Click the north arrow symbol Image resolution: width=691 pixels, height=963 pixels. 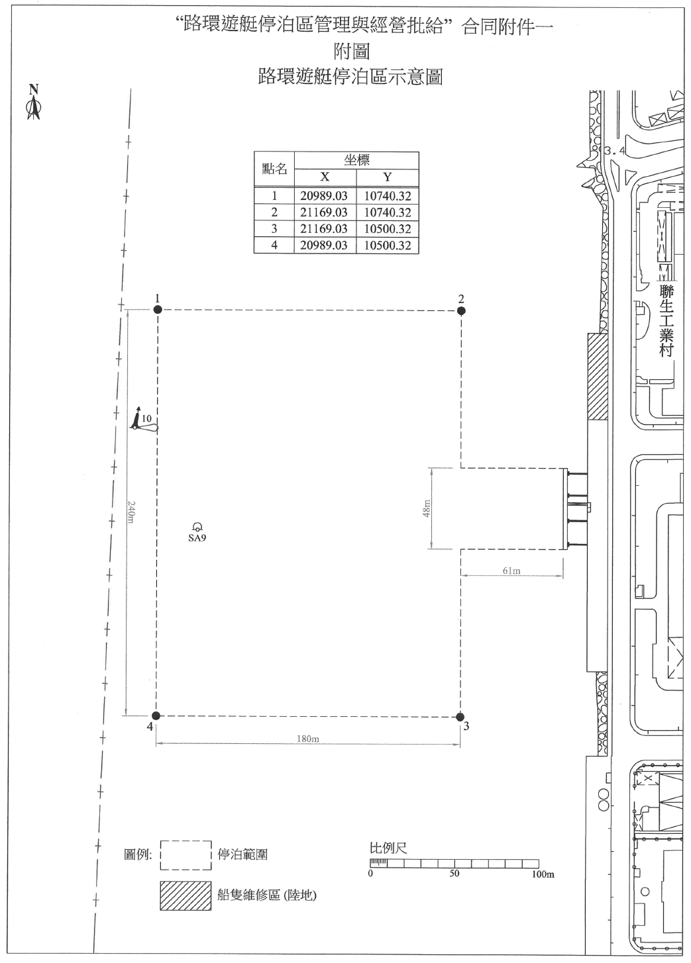click(x=34, y=103)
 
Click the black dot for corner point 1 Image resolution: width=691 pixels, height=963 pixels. click(x=158, y=309)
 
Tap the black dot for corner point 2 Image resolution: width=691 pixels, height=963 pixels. click(x=461, y=310)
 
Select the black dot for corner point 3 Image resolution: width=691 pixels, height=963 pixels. click(x=460, y=717)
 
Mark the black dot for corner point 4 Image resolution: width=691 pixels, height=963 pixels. click(x=156, y=716)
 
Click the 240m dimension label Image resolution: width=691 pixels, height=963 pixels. click(x=131, y=512)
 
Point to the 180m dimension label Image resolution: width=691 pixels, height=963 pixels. click(x=307, y=739)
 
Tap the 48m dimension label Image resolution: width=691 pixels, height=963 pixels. click(x=426, y=508)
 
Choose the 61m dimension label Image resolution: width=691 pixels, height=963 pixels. click(x=511, y=571)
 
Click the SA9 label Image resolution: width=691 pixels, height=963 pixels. click(x=197, y=537)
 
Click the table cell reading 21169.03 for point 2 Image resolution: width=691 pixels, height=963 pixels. click(x=323, y=212)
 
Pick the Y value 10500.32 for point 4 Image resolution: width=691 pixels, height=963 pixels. click(x=388, y=246)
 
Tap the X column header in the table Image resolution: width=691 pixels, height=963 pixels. click(x=325, y=177)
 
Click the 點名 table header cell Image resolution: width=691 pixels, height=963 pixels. click(x=274, y=169)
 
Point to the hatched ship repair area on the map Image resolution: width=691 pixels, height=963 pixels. click(x=598, y=377)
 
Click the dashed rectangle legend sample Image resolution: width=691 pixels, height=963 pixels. click(x=186, y=855)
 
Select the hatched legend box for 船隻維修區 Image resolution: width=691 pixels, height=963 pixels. click(x=186, y=896)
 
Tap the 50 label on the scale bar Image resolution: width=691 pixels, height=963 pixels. click(x=454, y=874)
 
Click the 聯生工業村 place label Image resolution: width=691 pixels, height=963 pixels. click(x=666, y=321)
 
